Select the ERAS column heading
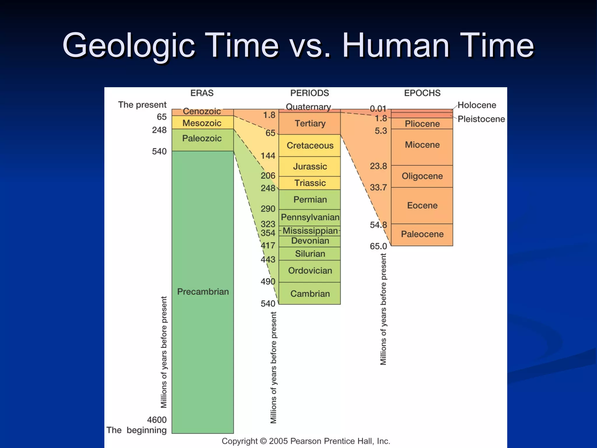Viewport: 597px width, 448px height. tap(202, 93)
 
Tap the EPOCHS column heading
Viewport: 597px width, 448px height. tap(422, 93)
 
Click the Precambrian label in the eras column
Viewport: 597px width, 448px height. tap(203, 291)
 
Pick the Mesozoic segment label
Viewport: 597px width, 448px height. tap(202, 123)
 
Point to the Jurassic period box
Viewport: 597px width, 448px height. tap(310, 166)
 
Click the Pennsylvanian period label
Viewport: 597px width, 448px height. tap(310, 217)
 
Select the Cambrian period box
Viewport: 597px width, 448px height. tap(310, 293)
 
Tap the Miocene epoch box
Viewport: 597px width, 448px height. tap(422, 145)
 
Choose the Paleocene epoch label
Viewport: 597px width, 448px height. tap(422, 234)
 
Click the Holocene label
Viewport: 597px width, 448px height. tap(477, 105)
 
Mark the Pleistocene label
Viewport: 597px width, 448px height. tap(481, 119)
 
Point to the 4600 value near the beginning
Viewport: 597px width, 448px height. tap(157, 420)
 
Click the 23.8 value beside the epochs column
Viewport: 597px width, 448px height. tap(378, 166)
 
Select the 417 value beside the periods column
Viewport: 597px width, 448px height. tap(268, 246)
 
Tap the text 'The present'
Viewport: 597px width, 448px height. tap(142, 105)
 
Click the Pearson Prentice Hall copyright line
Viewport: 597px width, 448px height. tap(306, 441)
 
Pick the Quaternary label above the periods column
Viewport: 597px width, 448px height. tap(308, 107)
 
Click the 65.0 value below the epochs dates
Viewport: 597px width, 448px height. tap(378, 246)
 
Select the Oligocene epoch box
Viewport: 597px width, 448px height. tap(422, 176)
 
